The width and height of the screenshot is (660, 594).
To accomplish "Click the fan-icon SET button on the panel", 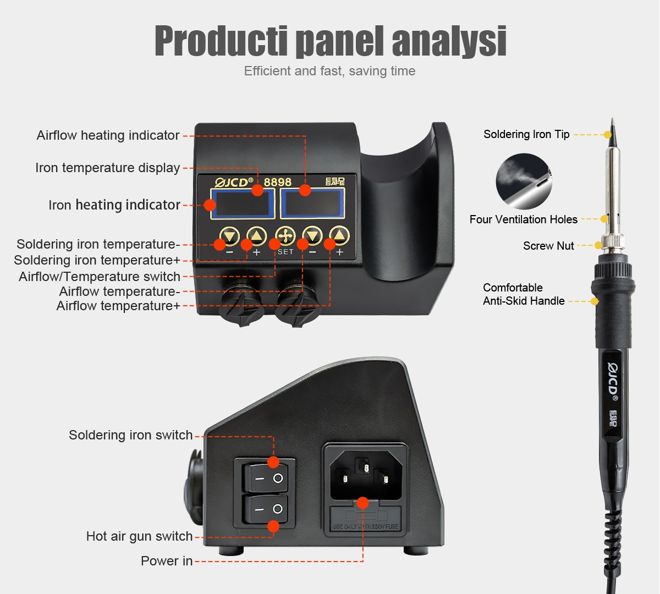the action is [285, 236].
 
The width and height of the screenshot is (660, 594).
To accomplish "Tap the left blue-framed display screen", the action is [243, 204].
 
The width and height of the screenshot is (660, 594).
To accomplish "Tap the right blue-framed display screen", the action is [312, 204].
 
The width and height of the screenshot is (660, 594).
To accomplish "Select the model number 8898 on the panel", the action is [277, 182].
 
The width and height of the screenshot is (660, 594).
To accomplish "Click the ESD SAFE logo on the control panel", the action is [335, 182].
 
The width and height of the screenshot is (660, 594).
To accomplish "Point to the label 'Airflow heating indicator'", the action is [108, 135].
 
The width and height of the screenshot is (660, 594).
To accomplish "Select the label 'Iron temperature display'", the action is [108, 168].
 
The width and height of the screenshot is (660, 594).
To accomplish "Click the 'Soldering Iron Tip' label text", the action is [526, 134].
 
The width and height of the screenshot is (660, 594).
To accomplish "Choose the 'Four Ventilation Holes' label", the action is [524, 219].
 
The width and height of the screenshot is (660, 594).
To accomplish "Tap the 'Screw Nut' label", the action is [548, 246].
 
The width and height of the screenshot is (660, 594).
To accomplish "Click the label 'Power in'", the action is [167, 561].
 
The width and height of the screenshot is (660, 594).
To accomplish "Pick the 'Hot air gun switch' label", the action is [139, 536].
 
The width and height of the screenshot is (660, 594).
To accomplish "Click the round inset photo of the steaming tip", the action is [524, 181].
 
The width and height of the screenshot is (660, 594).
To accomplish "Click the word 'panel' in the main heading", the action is [340, 41].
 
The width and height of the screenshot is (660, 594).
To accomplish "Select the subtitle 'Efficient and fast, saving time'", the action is [329, 71].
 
